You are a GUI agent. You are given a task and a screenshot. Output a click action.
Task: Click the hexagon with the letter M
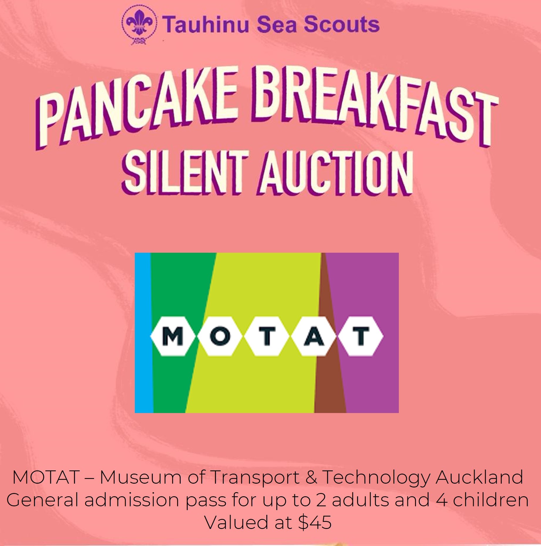pyautogui.click(x=173, y=336)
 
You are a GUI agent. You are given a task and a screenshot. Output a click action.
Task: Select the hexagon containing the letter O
pyautogui.click(x=220, y=336)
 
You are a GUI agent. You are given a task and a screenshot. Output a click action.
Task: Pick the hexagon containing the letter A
pyautogui.click(x=314, y=336)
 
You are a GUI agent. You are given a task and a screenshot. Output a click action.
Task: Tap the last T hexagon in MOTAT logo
pyautogui.click(x=360, y=336)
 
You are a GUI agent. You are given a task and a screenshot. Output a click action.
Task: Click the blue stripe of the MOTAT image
pyautogui.click(x=143, y=332)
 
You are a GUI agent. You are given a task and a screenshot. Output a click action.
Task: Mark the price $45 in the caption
pyautogui.click(x=315, y=522)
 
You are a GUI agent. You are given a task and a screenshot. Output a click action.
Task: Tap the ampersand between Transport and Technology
pyautogui.click(x=312, y=477)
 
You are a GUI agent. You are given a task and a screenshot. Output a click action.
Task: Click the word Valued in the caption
pyautogui.click(x=236, y=522)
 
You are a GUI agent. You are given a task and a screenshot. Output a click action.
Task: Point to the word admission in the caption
pyautogui.click(x=132, y=500)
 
